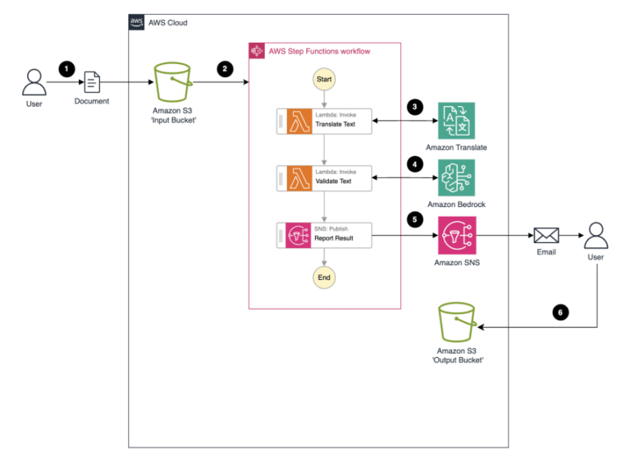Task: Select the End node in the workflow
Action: [324, 278]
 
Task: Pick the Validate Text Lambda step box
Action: [324, 177]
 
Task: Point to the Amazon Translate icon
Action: [456, 121]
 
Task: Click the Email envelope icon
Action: [546, 236]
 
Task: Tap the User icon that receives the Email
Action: [596, 236]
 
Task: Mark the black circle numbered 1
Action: [66, 69]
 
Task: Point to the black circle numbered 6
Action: [559, 313]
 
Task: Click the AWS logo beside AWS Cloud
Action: [137, 22]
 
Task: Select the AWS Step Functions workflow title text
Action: [319, 51]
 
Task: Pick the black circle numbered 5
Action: [416, 220]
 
